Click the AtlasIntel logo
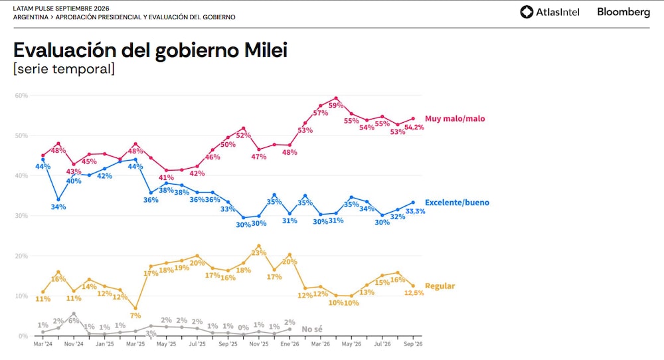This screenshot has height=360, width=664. pyautogui.click(x=550, y=12)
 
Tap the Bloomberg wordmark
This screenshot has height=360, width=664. pyautogui.click(x=623, y=12)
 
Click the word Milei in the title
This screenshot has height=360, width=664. pyautogui.click(x=266, y=50)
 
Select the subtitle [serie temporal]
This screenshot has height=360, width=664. pyautogui.click(x=64, y=68)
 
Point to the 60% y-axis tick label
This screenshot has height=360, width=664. pyautogui.click(x=21, y=95)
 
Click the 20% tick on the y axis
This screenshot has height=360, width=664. pyautogui.click(x=21, y=256)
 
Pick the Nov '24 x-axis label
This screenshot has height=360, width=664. pyautogui.click(x=74, y=344)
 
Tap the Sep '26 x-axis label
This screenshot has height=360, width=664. pyautogui.click(x=413, y=344)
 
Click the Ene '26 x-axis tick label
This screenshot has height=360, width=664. pyautogui.click(x=290, y=344)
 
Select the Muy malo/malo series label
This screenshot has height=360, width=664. pyautogui.click(x=455, y=119)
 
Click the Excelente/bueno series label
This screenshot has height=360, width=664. pyautogui.click(x=457, y=203)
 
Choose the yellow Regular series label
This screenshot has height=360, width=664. pyautogui.click(x=440, y=286)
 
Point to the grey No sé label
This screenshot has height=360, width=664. pyautogui.click(x=312, y=329)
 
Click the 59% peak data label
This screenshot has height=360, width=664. pyautogui.click(x=336, y=105)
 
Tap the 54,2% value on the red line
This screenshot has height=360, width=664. pyautogui.click(x=414, y=127)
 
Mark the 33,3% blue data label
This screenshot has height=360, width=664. pyautogui.click(x=415, y=211)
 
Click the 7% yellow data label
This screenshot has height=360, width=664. pyautogui.click(x=135, y=315)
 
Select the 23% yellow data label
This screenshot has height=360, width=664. pyautogui.click(x=259, y=253)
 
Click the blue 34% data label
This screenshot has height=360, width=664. pyautogui.click(x=58, y=207)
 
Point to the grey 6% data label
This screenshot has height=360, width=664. pyautogui.click(x=74, y=321)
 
